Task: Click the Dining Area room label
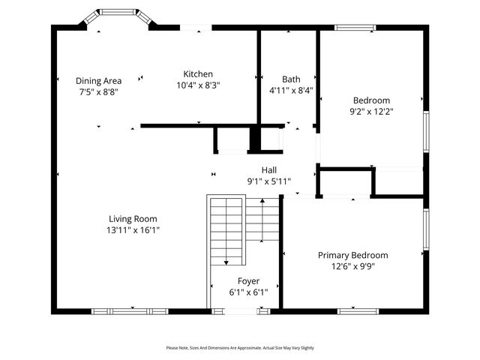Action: point(98,80)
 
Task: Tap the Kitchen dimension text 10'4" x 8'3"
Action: point(198,85)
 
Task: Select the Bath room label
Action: point(291,79)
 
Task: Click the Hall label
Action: point(268,170)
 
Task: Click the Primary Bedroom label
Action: point(352,255)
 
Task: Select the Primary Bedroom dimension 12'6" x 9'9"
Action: point(352,266)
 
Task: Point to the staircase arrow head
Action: point(226,262)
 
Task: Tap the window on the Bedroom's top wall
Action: point(355,28)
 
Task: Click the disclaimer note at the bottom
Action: point(240,348)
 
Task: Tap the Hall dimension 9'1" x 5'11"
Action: point(268,181)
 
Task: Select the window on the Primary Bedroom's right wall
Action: point(426,229)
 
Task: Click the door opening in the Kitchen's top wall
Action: point(196,28)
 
